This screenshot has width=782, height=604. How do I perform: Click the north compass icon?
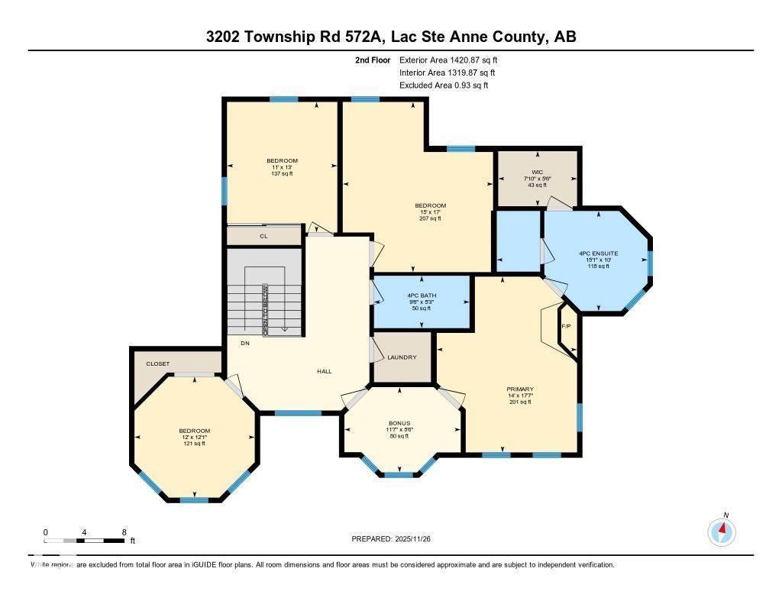(722, 531)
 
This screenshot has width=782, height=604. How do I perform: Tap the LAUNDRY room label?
(402, 357)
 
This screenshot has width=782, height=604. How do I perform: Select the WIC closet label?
(536, 171)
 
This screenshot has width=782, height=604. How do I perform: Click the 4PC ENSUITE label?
(599, 253)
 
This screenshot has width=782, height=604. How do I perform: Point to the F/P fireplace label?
(566, 327)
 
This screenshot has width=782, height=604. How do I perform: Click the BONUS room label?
(399, 423)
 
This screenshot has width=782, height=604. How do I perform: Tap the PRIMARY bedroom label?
(520, 389)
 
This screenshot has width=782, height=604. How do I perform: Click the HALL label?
(325, 371)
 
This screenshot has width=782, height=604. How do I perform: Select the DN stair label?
(245, 344)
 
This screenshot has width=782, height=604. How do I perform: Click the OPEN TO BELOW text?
(266, 310)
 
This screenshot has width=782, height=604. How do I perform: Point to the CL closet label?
(264, 237)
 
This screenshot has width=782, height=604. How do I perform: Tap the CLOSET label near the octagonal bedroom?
(158, 363)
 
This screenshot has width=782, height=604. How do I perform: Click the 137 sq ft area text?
(282, 173)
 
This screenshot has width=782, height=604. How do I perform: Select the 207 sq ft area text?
(430, 218)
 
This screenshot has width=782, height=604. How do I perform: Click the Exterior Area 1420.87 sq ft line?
(448, 60)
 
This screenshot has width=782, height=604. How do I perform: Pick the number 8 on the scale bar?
(124, 532)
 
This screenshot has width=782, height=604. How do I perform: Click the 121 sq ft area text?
(194, 444)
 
